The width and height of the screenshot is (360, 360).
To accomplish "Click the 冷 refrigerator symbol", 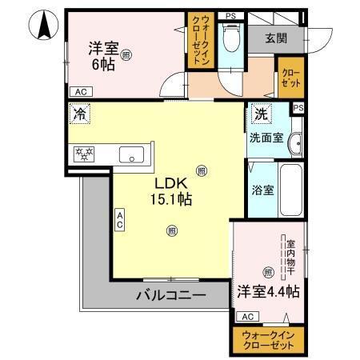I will (x=80, y=115).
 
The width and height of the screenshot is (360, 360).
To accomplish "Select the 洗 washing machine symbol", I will (x=260, y=114).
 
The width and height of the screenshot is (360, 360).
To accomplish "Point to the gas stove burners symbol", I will (x=82, y=154).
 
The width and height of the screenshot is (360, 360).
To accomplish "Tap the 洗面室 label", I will (x=265, y=137).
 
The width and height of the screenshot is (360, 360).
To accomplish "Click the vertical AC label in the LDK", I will (x=119, y=219).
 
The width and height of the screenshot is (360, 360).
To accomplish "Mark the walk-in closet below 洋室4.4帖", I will (x=268, y=338).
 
